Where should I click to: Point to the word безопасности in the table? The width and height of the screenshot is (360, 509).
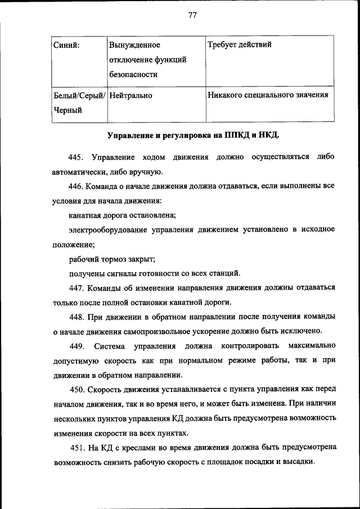click(x=133, y=74)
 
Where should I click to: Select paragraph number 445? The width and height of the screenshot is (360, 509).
click(x=75, y=156)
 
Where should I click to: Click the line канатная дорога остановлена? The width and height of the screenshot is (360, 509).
click(x=123, y=215)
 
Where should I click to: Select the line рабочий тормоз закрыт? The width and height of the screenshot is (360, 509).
click(x=112, y=259)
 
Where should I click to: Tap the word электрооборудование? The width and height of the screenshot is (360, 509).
click(x=107, y=229)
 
